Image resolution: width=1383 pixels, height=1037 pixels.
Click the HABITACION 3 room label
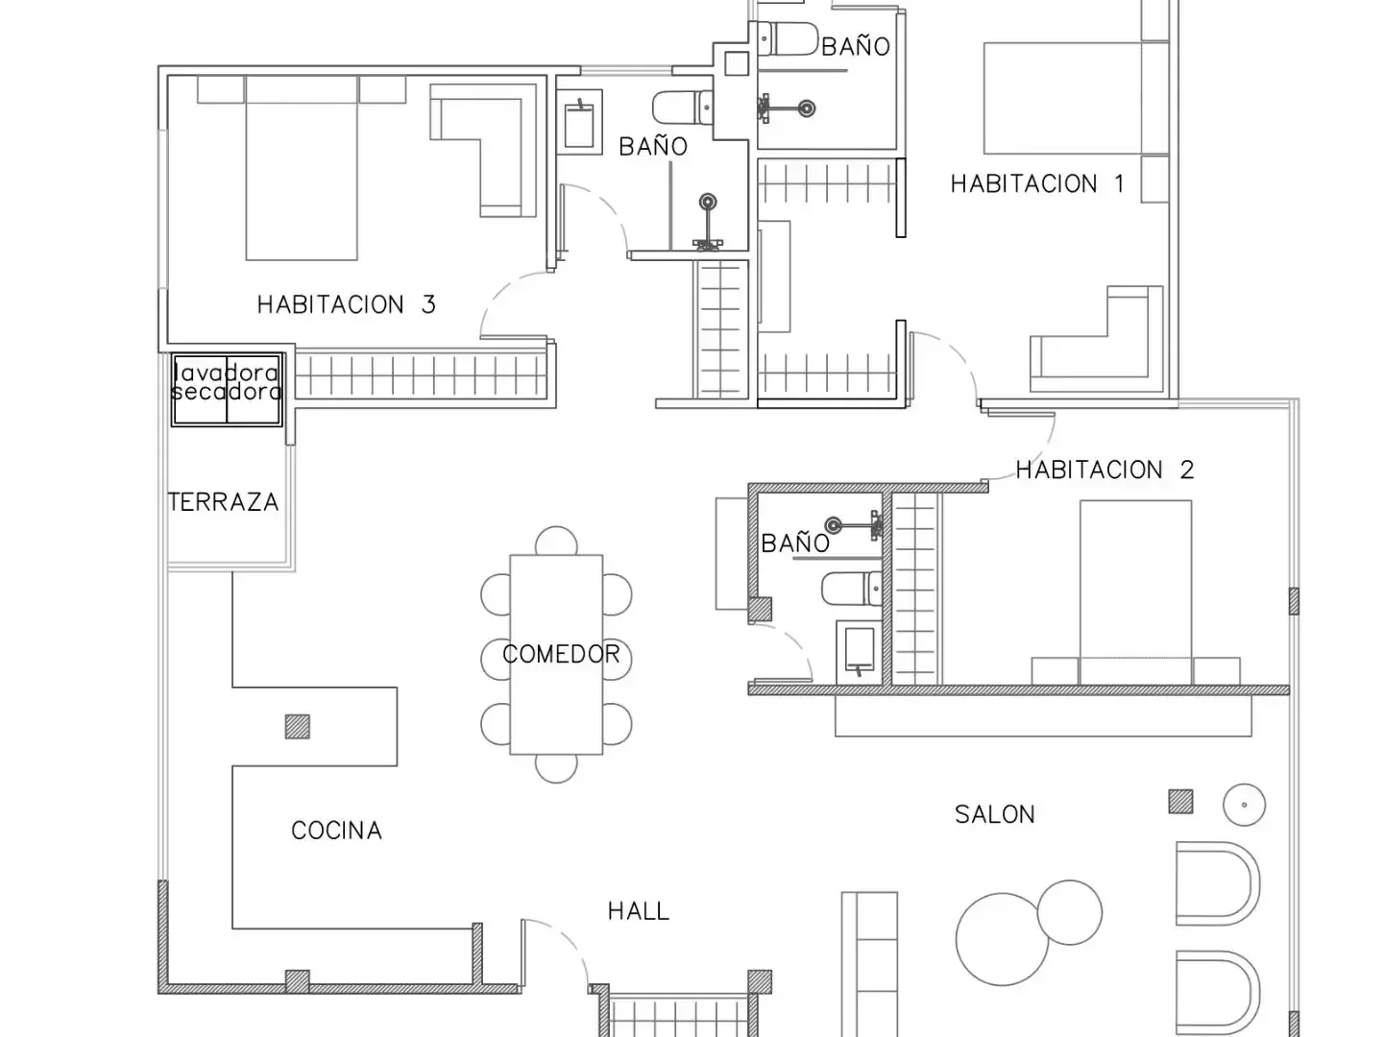[x=346, y=304]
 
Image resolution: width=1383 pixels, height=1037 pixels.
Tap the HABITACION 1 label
[x=1037, y=183]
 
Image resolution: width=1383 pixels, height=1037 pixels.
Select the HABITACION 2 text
[x=1104, y=470]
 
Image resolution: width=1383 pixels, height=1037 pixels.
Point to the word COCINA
[x=336, y=831]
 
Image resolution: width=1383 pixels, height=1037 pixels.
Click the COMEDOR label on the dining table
[x=561, y=654]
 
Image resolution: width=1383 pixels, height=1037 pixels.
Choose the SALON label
[x=995, y=815]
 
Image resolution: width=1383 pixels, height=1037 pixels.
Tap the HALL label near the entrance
[x=639, y=911]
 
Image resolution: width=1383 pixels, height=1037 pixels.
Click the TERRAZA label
[x=224, y=502]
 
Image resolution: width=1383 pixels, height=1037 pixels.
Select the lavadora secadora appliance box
[x=227, y=389]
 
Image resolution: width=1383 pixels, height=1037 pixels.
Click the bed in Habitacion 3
[x=302, y=168]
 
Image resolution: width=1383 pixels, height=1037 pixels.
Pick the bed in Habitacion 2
[x=1135, y=592]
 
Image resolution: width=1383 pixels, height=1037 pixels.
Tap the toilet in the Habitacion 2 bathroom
[x=851, y=589]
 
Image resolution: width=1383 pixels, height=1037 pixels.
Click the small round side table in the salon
[x=1244, y=805]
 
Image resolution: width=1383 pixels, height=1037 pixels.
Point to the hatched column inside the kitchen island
[x=298, y=727]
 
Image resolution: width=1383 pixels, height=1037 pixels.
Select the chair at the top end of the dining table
[x=556, y=541]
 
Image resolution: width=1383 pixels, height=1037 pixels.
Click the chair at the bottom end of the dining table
[x=556, y=768]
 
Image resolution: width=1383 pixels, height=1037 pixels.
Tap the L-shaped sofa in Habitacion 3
[x=483, y=151]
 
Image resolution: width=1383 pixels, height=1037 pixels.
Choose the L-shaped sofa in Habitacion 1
[x=1097, y=339]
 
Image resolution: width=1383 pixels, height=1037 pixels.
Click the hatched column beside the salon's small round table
[x=1180, y=802]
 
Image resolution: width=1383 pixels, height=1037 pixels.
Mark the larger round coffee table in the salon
[x=1002, y=939]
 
